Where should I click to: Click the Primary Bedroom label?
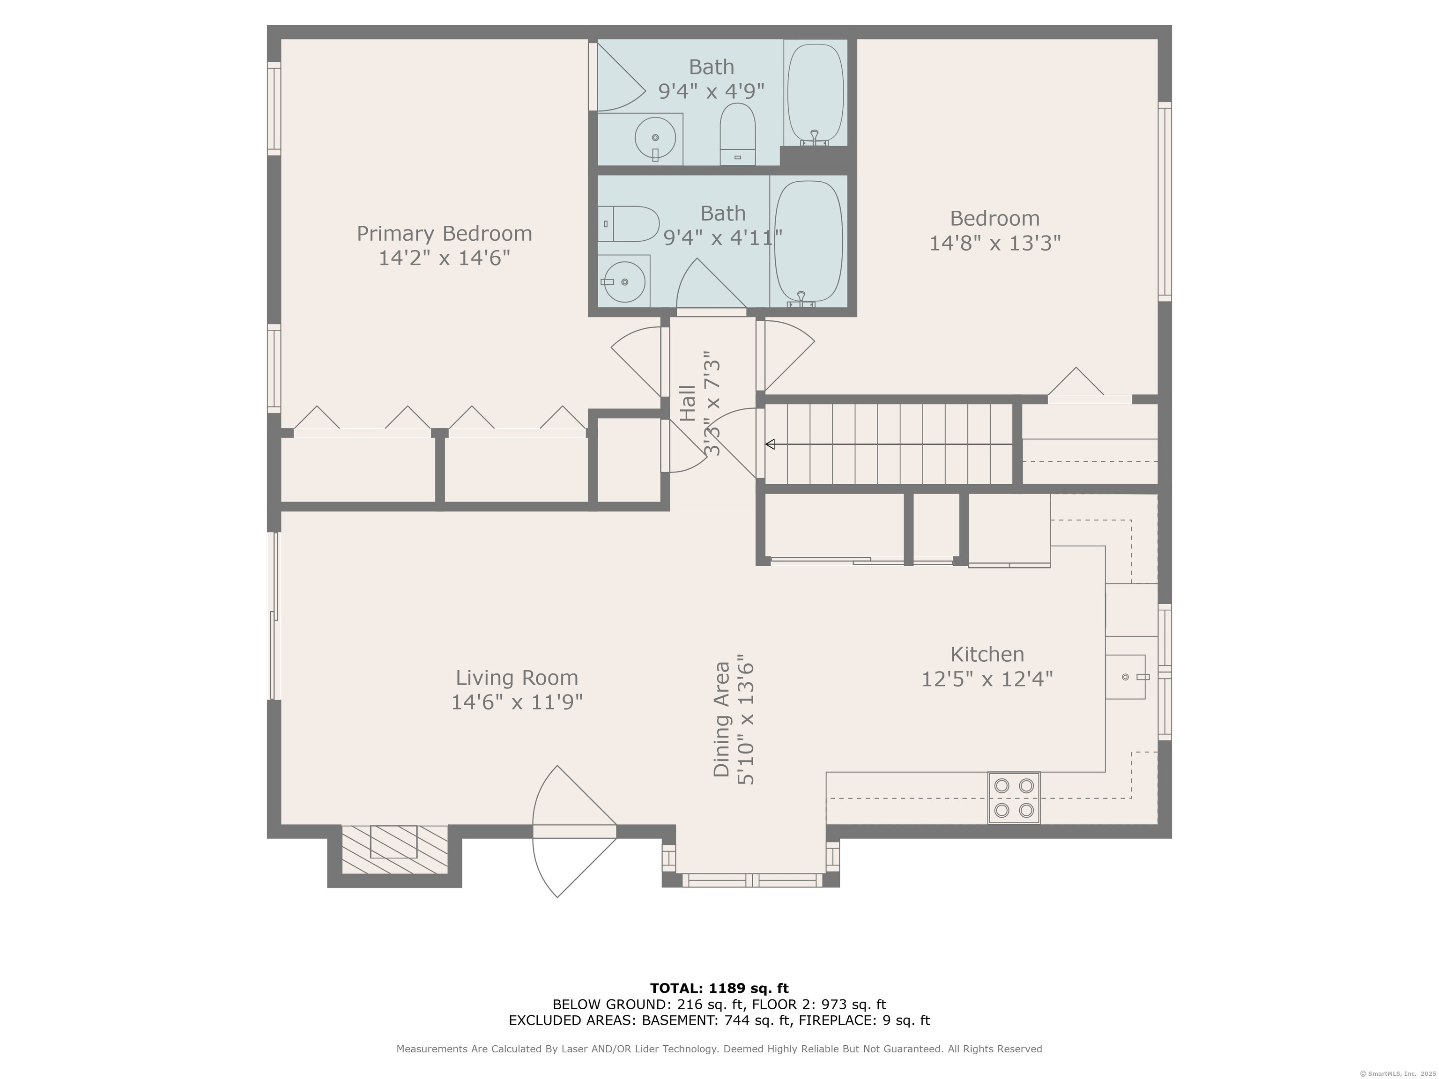click(445, 234)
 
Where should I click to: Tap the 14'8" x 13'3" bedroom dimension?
click(994, 243)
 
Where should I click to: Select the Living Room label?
click(517, 678)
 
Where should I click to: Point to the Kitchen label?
click(987, 654)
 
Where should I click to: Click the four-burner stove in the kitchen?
click(1014, 798)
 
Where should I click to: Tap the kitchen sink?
click(1126, 677)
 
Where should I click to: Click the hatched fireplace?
click(395, 850)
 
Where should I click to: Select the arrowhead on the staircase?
click(770, 444)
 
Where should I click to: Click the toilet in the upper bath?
click(738, 134)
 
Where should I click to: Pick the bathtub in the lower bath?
click(809, 243)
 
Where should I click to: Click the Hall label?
click(688, 403)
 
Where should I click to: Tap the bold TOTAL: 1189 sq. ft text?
click(719, 989)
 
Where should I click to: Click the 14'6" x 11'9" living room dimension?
click(517, 702)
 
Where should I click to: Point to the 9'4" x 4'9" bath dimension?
click(711, 91)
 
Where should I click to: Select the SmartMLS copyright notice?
click(1399, 1074)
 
